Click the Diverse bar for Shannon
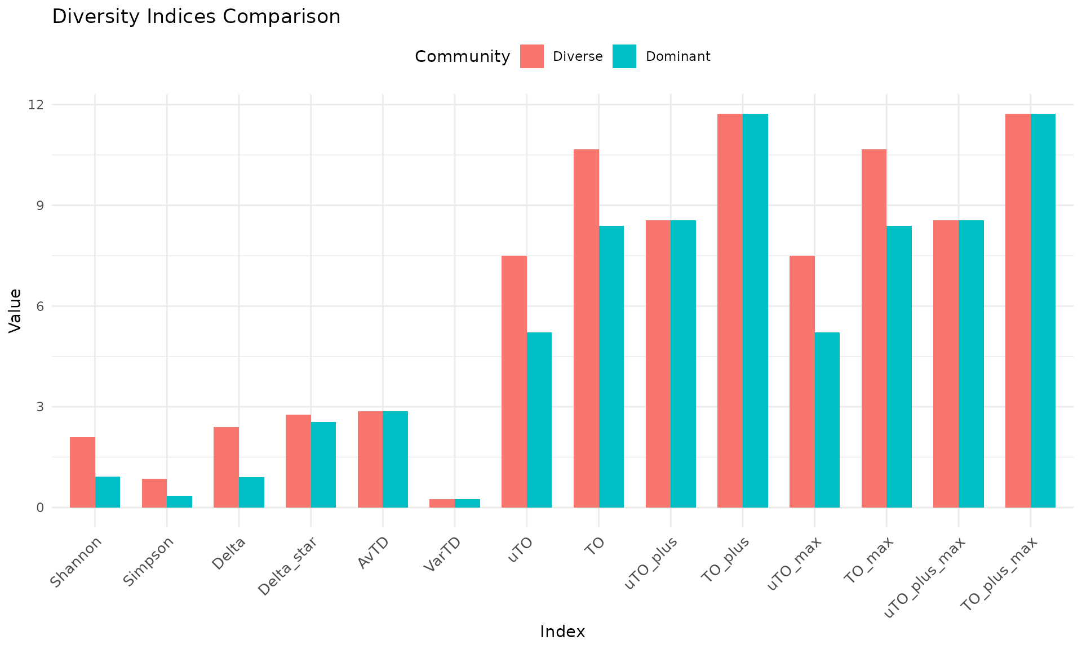82,472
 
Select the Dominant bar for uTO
539,420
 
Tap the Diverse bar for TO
586,328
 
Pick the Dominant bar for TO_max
899,366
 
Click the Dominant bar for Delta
251,492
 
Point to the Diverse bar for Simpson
154,493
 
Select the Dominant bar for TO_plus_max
1043,310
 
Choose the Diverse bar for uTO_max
802,381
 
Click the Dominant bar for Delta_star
323,464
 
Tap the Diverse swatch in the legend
531,56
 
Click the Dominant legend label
678,56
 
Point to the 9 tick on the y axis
39,206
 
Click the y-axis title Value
15,310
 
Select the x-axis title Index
562,632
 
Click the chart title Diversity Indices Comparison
196,16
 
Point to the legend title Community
462,56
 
